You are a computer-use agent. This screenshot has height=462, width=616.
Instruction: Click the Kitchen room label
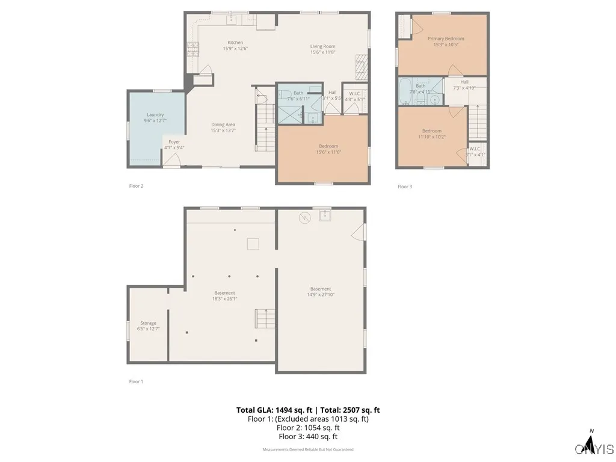235,43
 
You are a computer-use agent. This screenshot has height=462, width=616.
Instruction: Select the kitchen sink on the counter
232,20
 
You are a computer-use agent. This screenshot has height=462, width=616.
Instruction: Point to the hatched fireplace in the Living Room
361,67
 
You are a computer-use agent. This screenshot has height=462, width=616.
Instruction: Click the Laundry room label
155,114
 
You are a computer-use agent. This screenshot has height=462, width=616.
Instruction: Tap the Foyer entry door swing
173,159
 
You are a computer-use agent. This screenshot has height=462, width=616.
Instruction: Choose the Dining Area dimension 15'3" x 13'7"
223,131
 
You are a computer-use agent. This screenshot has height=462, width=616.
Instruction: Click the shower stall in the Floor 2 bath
291,113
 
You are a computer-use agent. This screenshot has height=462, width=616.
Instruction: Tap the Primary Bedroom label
446,38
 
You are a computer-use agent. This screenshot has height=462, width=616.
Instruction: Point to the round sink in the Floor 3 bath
434,99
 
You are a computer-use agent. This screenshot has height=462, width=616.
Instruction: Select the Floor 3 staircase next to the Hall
477,122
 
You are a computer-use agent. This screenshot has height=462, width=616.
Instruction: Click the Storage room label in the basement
148,323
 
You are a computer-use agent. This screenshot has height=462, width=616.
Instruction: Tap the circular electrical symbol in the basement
305,218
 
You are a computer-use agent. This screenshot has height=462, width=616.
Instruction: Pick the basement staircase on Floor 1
265,318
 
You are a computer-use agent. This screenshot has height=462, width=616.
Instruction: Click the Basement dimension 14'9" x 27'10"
321,295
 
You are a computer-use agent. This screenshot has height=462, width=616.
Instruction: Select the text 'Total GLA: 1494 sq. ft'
274,410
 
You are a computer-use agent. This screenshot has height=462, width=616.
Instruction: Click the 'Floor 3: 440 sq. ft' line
307,437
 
